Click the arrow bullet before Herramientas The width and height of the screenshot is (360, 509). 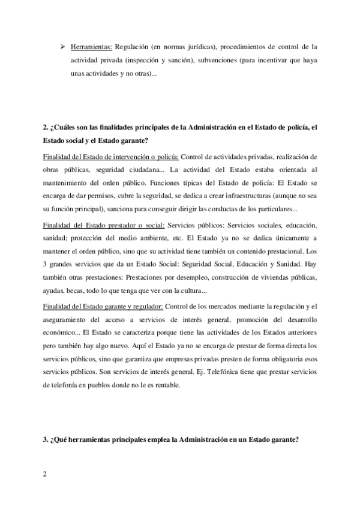click(x=62, y=46)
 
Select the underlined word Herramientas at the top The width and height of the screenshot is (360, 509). click(x=89, y=46)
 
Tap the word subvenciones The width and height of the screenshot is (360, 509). click(x=203, y=61)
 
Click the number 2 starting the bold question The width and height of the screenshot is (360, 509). click(x=46, y=128)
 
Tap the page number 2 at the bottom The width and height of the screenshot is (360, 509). click(x=45, y=473)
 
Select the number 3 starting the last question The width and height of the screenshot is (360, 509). click(x=46, y=439)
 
